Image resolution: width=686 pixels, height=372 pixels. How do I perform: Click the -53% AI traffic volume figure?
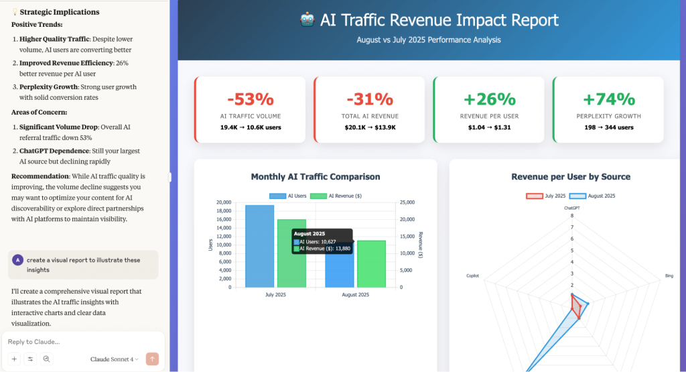pyautogui.click(x=250, y=99)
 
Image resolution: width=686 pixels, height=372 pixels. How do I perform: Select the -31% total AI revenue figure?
pyautogui.click(x=369, y=99)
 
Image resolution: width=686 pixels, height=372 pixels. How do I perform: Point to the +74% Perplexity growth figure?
pyautogui.click(x=608, y=99)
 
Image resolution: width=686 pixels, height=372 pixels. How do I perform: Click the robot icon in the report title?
pyautogui.click(x=307, y=20)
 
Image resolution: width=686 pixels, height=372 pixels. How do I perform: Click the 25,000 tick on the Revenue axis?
pyautogui.click(x=406, y=202)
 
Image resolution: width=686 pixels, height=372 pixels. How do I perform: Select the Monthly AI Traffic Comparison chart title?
pyautogui.click(x=316, y=177)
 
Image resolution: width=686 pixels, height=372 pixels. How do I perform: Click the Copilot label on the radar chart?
pyautogui.click(x=473, y=275)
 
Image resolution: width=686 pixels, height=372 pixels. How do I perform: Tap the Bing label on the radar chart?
pyautogui.click(x=669, y=275)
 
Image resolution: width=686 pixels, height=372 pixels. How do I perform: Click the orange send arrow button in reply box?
pyautogui.click(x=152, y=359)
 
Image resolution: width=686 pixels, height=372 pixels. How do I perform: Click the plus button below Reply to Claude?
pyautogui.click(x=14, y=359)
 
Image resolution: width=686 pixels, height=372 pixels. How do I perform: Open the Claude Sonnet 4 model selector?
pyautogui.click(x=115, y=359)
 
